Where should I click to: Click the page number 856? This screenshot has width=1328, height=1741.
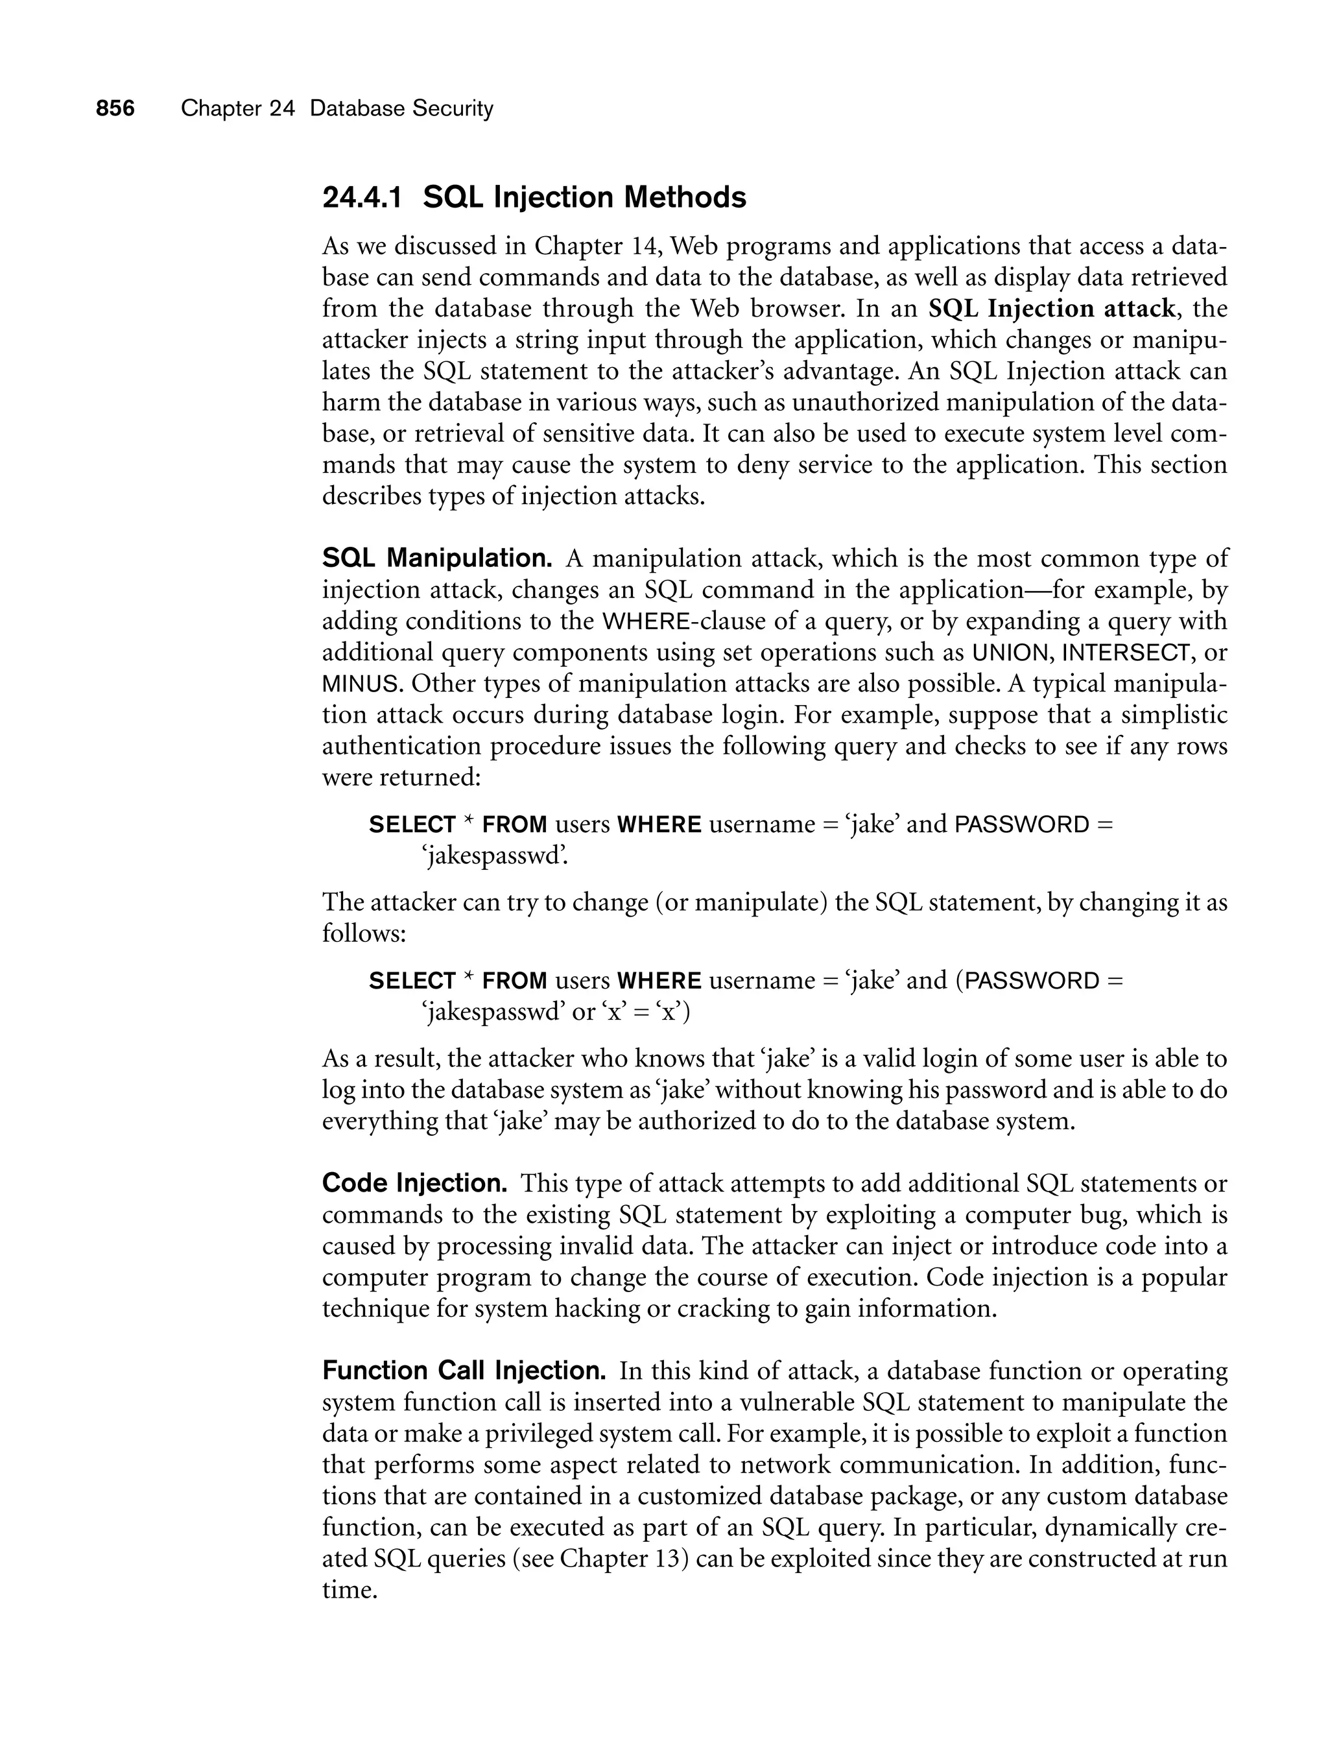[x=115, y=108]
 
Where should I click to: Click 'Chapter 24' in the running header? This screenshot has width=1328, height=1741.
[x=237, y=108]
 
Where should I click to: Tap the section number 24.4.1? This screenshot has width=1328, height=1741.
[x=362, y=198]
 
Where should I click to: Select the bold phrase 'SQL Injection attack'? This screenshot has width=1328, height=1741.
[x=1051, y=308]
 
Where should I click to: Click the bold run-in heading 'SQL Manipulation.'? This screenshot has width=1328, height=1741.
[x=437, y=558]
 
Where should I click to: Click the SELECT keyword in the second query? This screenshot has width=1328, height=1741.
[x=412, y=981]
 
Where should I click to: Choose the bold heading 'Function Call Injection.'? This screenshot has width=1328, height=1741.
[x=464, y=1370]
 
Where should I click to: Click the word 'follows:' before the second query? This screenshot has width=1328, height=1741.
[x=364, y=934]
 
